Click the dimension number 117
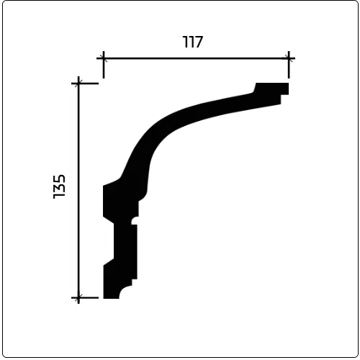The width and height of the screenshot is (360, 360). [193, 42]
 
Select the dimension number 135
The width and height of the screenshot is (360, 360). [59, 186]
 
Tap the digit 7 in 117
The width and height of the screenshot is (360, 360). [199, 42]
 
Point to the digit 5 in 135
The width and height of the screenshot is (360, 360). [59, 179]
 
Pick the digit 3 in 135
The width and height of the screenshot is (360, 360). [59, 189]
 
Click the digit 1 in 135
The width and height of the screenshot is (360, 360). [59, 197]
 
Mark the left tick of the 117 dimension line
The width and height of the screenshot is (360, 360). [104, 58]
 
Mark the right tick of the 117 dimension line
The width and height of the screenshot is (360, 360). [289, 58]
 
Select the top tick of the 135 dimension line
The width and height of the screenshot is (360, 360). [78, 84]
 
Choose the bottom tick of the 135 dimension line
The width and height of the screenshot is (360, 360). [78, 297]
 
